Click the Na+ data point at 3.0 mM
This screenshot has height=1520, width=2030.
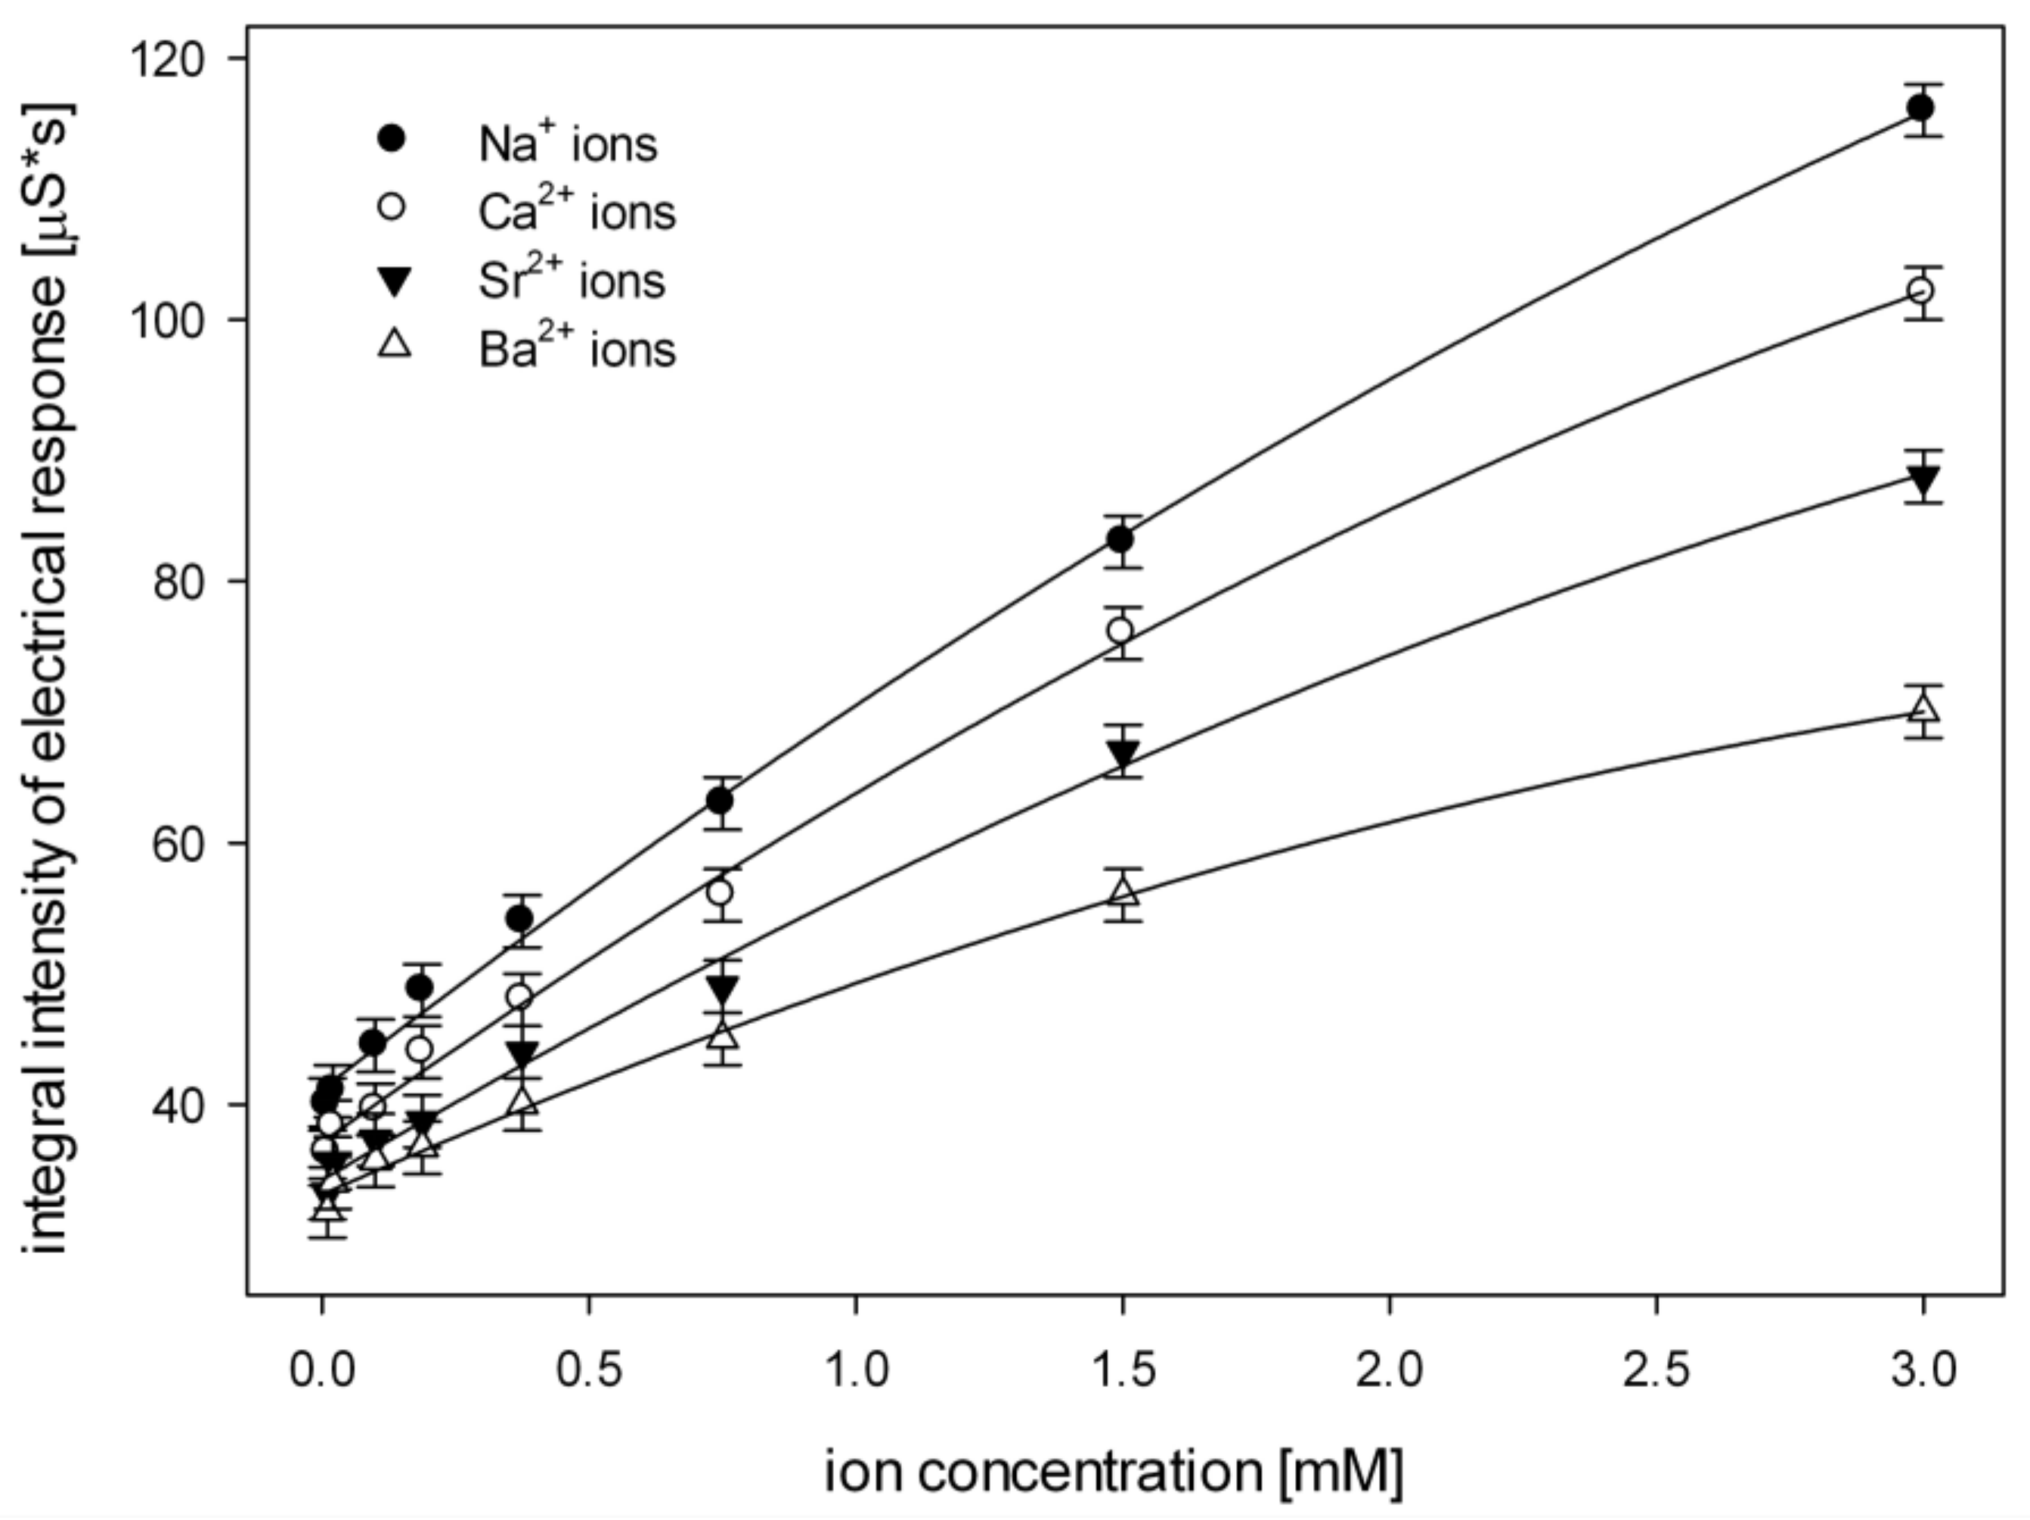click(1920, 108)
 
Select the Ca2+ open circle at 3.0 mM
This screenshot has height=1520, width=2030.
click(1920, 291)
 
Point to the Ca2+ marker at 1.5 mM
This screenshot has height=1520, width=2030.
click(1120, 631)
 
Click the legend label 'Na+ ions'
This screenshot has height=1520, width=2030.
click(567, 144)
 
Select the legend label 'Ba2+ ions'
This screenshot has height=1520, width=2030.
click(576, 349)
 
